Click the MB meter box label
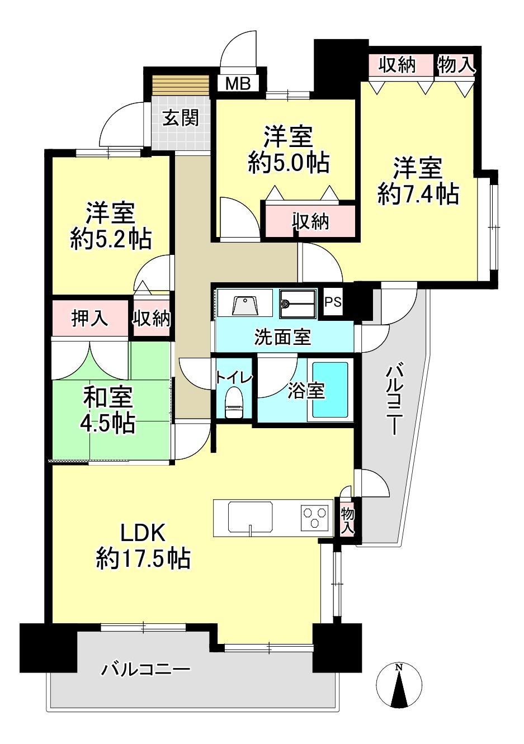pos(238,83)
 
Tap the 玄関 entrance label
pos(181,117)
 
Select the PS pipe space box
pos(333,302)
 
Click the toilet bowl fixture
pos(234,401)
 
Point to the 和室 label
pos(108,397)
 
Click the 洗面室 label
pos(283,337)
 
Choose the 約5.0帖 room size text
pos(289,163)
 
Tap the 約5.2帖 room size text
pos(111,239)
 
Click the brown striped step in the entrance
pos(181,87)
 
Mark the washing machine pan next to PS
pos(298,304)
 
